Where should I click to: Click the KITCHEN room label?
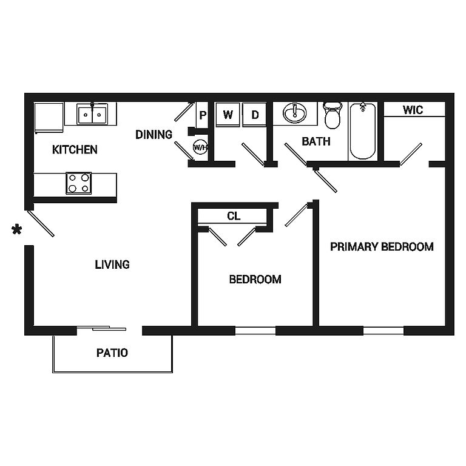pyautogui.click(x=75, y=149)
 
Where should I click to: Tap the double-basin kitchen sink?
pyautogui.click(x=92, y=114)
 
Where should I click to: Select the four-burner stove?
pyautogui.click(x=79, y=183)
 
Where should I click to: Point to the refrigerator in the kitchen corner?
pyautogui.click(x=49, y=118)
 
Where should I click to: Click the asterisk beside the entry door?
pyautogui.click(x=16, y=230)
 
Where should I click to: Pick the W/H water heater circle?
pyautogui.click(x=200, y=147)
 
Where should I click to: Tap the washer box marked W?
pyautogui.click(x=228, y=115)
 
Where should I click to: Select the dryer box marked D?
pyautogui.click(x=254, y=115)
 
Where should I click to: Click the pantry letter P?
pyautogui.click(x=203, y=115)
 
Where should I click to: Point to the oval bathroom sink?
pyautogui.click(x=294, y=113)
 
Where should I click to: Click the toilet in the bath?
pyautogui.click(x=333, y=115)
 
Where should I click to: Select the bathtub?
pyautogui.click(x=363, y=131)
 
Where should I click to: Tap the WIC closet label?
pyautogui.click(x=413, y=110)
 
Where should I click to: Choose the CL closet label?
pyautogui.click(x=234, y=216)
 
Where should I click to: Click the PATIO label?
pyautogui.click(x=112, y=353)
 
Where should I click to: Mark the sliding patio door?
pyautogui.click(x=102, y=328)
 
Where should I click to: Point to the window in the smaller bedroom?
pyautogui.click(x=255, y=331)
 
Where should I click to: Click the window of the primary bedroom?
pyautogui.click(x=383, y=331)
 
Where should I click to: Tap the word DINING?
pyautogui.click(x=154, y=135)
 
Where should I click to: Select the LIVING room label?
pyautogui.click(x=112, y=265)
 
